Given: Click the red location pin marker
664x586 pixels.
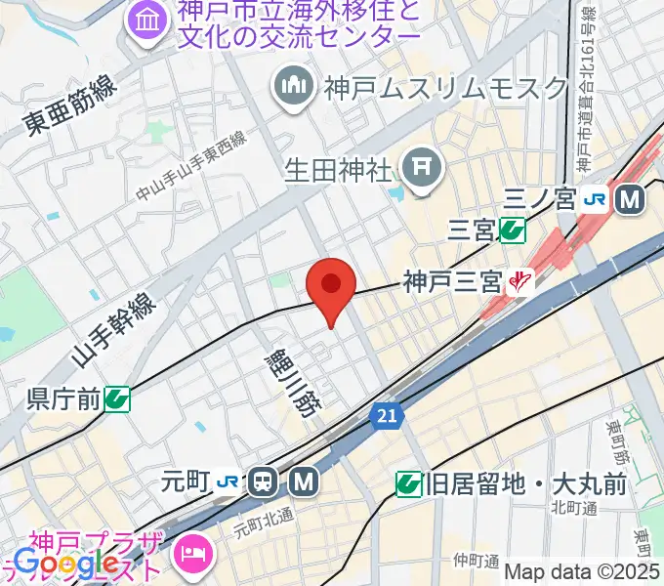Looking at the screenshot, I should (330, 286).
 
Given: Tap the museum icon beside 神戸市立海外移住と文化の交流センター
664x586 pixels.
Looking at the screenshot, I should (147, 19).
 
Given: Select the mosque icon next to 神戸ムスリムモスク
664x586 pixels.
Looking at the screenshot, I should (292, 86).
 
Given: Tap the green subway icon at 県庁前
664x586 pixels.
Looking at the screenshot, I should (116, 398).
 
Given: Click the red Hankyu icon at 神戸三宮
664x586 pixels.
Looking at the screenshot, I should (518, 282).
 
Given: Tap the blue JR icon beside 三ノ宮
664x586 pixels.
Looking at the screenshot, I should (594, 200).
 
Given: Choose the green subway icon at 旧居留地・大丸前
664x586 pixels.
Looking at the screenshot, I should (408, 482).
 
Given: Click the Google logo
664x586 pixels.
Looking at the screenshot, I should (65, 564).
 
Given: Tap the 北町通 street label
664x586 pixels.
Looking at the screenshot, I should (572, 507).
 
